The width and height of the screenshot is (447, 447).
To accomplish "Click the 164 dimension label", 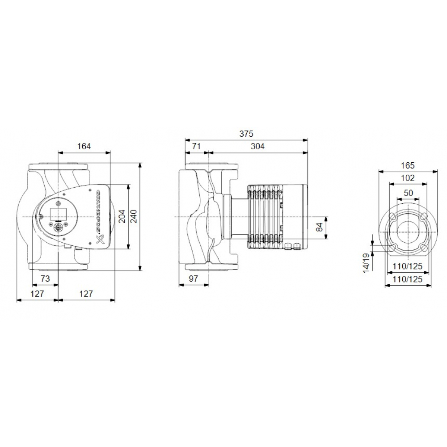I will point(84,146).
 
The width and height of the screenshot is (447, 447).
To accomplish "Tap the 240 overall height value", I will point(133,215).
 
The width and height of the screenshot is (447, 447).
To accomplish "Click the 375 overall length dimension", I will point(246,134).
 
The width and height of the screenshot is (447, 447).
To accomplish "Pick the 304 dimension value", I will point(257,146).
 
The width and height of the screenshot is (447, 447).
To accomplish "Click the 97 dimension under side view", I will point(193,278).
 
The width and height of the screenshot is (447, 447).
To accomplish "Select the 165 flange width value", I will point(408,165).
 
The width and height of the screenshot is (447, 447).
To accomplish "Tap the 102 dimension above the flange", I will point(408,178).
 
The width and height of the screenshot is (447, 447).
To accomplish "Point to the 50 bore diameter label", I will point(408,193).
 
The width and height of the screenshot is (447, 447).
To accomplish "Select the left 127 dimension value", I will point(37,294).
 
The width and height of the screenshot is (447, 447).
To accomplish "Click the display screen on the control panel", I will point(58,214).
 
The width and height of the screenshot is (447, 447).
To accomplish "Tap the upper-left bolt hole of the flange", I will point(392,217).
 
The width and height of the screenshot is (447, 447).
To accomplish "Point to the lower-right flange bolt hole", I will point(422,247).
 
